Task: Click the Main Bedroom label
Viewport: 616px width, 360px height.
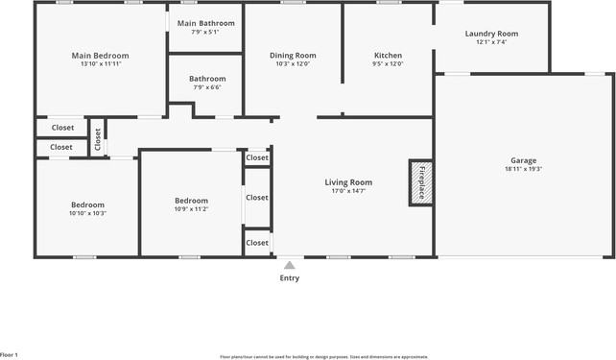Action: [100, 56]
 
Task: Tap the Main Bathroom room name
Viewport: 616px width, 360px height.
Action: [205, 23]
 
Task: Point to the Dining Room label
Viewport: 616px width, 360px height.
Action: [293, 56]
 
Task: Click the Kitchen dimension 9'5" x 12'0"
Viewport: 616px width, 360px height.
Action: [388, 64]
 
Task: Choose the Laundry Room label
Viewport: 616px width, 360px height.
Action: [491, 34]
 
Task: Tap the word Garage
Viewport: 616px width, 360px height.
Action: [523, 160]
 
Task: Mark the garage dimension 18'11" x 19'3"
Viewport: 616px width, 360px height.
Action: [523, 169]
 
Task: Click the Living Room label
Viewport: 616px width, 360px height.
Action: [347, 181]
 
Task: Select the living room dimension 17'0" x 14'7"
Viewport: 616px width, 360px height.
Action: [347, 191]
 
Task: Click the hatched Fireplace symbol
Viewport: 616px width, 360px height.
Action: [419, 182]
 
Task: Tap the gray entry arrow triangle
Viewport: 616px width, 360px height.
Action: [289, 264]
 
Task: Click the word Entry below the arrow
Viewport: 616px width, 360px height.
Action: [289, 278]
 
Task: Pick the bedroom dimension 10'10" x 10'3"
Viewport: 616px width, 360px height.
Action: [87, 213]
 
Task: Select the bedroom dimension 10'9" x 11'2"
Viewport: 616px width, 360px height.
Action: [191, 208]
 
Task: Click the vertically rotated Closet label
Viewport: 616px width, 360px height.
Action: [98, 139]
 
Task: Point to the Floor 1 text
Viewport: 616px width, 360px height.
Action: [10, 355]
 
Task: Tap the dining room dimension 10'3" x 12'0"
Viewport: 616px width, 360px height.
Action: [293, 64]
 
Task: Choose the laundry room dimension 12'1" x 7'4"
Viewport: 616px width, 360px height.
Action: [491, 42]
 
